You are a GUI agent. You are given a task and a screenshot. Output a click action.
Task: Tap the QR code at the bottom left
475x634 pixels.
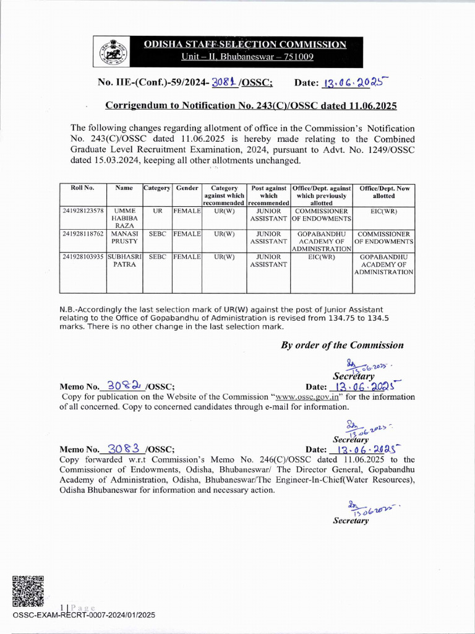click(x=28, y=591)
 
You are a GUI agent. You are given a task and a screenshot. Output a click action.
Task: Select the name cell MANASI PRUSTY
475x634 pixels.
click(x=124, y=238)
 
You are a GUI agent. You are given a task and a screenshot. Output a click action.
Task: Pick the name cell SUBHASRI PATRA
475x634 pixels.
click(x=124, y=260)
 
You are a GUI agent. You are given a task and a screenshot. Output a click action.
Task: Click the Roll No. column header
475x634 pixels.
click(x=82, y=188)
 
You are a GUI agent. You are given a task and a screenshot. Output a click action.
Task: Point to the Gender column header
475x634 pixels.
click(x=187, y=188)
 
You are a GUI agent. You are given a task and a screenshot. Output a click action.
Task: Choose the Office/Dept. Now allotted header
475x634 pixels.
click(x=383, y=192)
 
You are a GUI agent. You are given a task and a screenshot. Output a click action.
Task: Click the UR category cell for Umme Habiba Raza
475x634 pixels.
click(x=158, y=211)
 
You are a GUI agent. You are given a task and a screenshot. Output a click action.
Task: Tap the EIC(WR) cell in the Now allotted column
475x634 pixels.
click(x=383, y=211)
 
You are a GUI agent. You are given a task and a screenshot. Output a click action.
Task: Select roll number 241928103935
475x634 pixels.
click(x=83, y=256)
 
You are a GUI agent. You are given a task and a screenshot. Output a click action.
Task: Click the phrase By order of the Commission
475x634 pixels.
click(x=342, y=345)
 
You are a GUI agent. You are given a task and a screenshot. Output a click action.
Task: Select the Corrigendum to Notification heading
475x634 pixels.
click(x=250, y=106)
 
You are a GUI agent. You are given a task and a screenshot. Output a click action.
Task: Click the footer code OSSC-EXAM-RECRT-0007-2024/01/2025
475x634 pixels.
click(x=84, y=615)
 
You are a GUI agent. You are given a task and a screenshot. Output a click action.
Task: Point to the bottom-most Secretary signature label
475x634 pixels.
click(x=351, y=521)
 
